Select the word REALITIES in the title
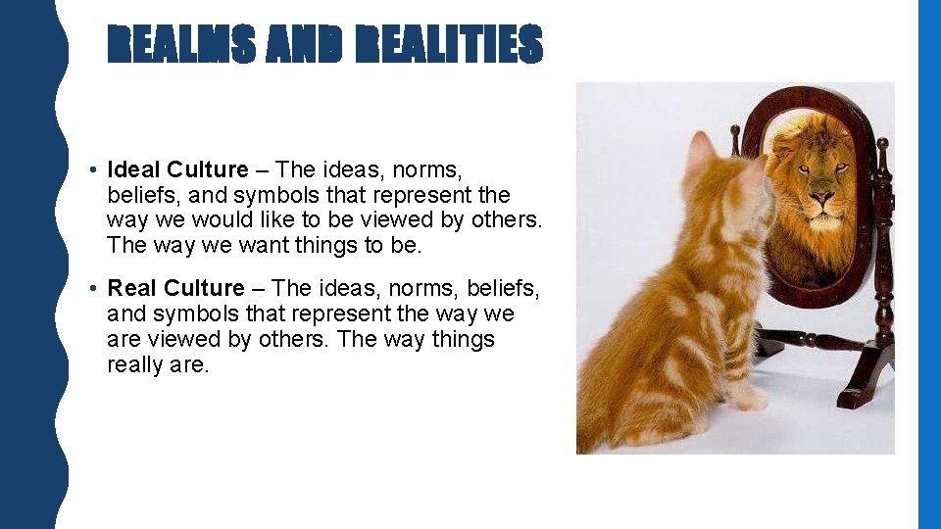point(450,45)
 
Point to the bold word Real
point(132,288)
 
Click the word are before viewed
point(125,339)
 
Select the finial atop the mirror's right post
point(882,149)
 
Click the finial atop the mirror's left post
point(735,130)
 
